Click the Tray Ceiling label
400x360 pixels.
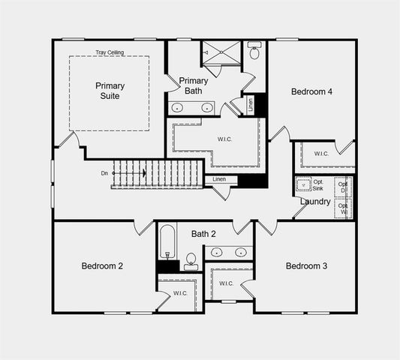pos(110,52)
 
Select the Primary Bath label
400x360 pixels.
pos(193,85)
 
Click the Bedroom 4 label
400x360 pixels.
pos(311,91)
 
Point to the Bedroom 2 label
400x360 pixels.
pos(102,265)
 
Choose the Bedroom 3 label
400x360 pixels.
pos(306,265)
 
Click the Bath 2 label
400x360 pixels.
pos(203,234)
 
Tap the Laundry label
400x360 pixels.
pos(315,201)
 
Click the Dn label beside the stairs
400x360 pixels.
pos(104,173)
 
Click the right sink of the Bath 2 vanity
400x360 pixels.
pos(239,252)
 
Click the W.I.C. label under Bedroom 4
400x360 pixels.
pos(321,154)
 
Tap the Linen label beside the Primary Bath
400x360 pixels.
pos(251,104)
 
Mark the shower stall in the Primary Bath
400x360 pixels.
pos(221,54)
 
